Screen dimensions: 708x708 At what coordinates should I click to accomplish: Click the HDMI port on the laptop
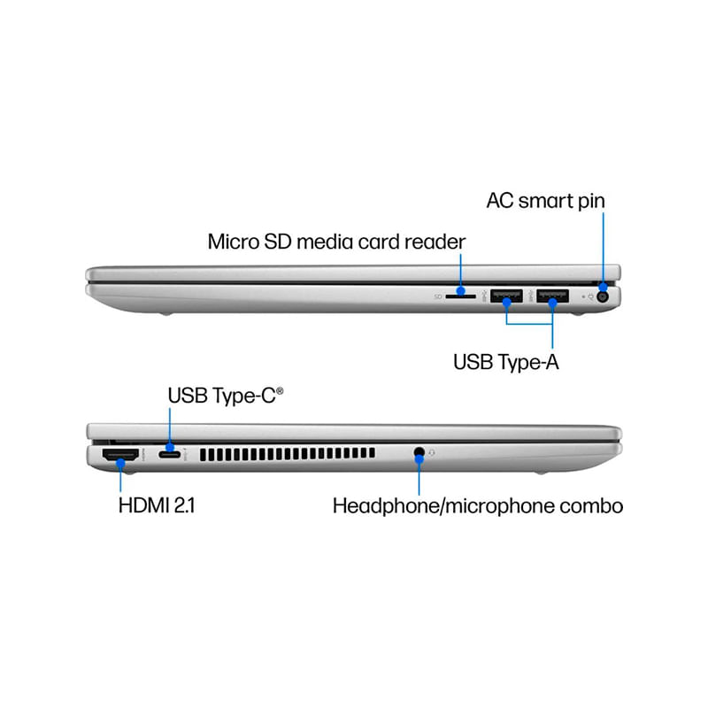120,455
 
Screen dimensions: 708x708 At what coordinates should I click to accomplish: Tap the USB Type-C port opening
169,454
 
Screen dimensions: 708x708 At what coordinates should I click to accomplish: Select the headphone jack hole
419,451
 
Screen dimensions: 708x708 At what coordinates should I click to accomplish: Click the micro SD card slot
460,296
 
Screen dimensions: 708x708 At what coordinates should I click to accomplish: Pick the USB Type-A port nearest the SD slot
506,296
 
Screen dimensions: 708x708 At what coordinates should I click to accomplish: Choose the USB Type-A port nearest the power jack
552,296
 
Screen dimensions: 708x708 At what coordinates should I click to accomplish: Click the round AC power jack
603,296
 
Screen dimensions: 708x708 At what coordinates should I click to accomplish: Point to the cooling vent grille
287,454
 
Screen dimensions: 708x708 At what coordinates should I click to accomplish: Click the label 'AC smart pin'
545,201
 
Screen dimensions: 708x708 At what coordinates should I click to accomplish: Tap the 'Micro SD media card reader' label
336,242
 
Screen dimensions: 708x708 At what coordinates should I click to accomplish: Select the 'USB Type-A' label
505,362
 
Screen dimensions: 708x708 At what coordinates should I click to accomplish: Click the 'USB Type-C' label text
222,396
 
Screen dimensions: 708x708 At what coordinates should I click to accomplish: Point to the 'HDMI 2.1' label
157,505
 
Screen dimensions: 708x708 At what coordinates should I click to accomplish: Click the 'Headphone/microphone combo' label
478,505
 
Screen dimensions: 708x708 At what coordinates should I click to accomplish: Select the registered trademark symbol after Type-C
280,390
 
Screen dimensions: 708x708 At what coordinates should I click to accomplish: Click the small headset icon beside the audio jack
432,452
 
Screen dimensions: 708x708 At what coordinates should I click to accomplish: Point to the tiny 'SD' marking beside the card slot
438,296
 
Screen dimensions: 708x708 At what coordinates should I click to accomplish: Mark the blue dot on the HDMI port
120,462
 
